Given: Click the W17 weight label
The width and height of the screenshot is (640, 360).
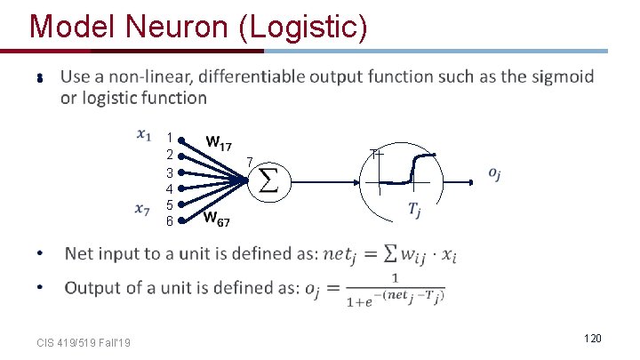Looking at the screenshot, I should click(x=219, y=142).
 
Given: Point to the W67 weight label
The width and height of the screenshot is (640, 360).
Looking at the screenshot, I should click(x=217, y=218).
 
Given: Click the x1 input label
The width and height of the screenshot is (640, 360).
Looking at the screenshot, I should click(x=143, y=135).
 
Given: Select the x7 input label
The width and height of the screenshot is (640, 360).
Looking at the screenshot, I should click(x=142, y=210).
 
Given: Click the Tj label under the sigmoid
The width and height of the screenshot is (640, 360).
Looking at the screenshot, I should click(x=415, y=211).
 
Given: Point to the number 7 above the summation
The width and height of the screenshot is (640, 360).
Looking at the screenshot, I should click(x=250, y=161).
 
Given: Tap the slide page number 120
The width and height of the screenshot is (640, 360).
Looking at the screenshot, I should click(x=593, y=339).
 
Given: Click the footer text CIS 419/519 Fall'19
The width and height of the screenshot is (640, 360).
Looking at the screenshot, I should click(x=84, y=344).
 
